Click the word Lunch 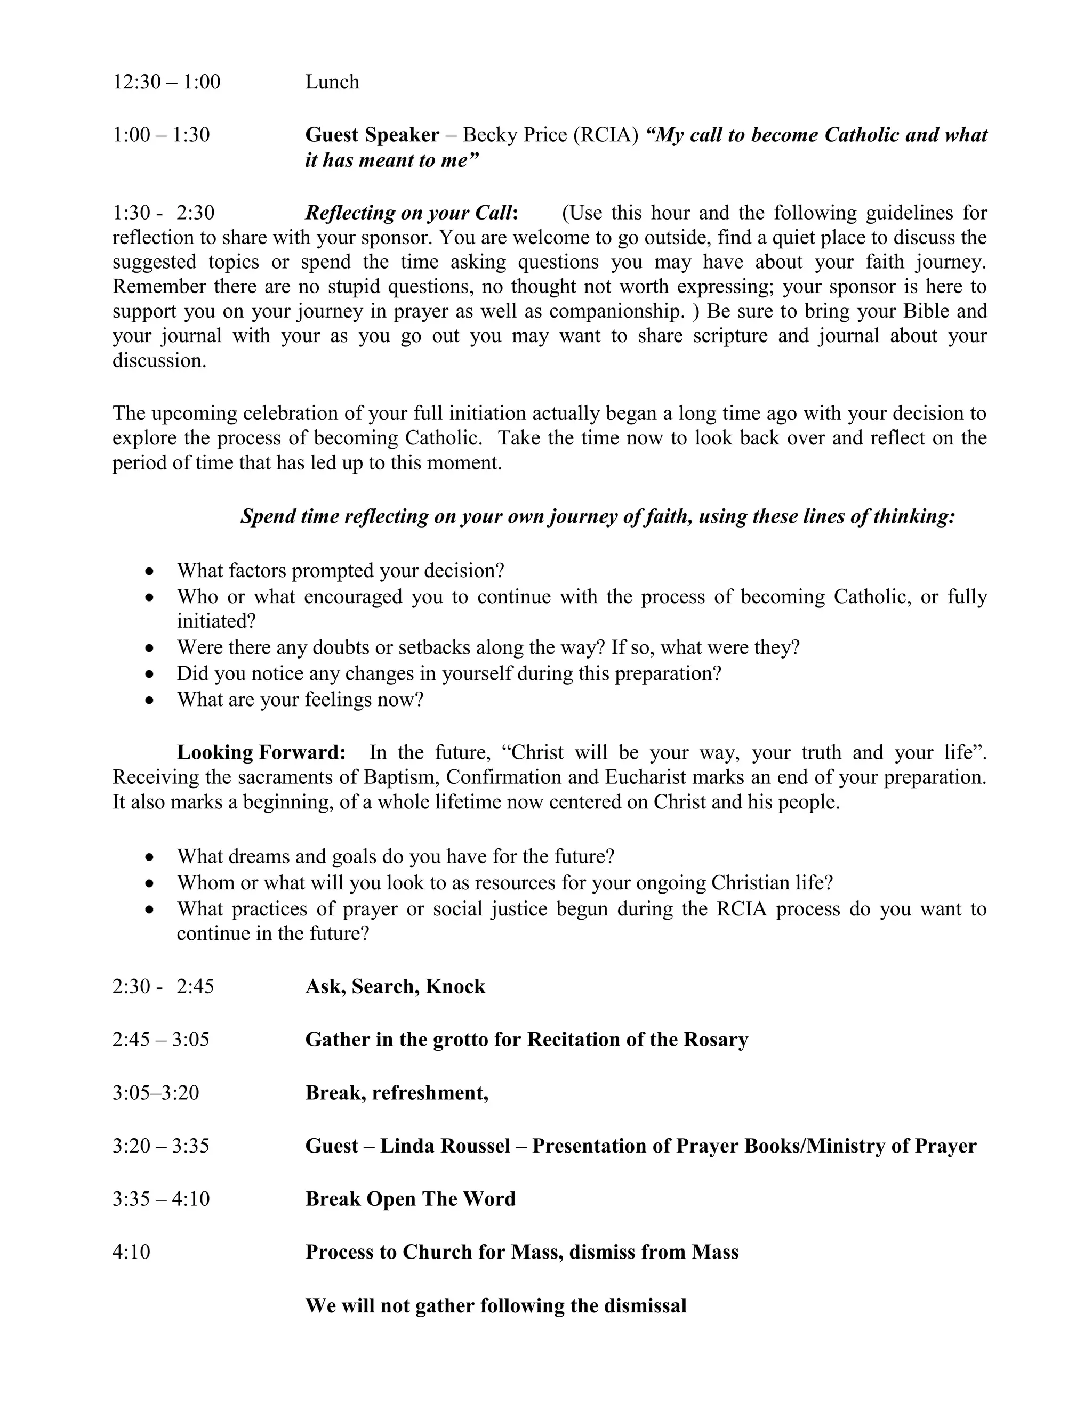pyautogui.click(x=332, y=82)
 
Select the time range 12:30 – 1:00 pyautogui.click(x=166, y=82)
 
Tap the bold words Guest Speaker pyautogui.click(x=372, y=135)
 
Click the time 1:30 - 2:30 pyautogui.click(x=163, y=213)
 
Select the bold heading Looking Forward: pyautogui.click(x=261, y=752)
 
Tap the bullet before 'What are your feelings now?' pyautogui.click(x=150, y=700)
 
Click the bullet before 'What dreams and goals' pyautogui.click(x=150, y=857)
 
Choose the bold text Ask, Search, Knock pyautogui.click(x=395, y=987)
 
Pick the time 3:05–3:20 pyautogui.click(x=156, y=1093)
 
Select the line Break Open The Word pyautogui.click(x=410, y=1199)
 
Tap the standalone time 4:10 pyautogui.click(x=131, y=1252)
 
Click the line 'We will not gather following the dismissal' pyautogui.click(x=495, y=1305)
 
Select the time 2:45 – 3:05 pyautogui.click(x=161, y=1040)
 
